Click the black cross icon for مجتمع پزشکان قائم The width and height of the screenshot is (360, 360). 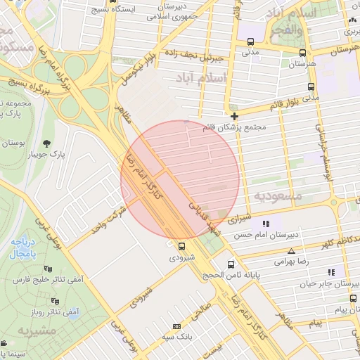[234, 115]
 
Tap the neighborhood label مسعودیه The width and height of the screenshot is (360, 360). [278, 195]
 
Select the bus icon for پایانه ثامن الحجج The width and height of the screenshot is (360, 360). [231, 265]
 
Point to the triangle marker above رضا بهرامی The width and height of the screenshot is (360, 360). [291, 250]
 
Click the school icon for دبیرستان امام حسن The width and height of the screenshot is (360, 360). [265, 224]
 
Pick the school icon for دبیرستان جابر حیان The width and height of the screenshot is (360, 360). [331, 271]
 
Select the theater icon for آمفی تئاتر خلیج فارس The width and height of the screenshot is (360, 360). [48, 269]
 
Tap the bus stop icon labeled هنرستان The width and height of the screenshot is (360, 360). [302, 52]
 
